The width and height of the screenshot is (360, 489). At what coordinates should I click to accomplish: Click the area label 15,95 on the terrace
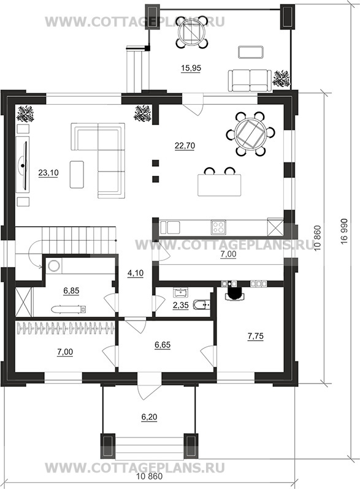point(191,68)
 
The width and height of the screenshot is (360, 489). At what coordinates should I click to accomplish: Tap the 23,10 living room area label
point(48,173)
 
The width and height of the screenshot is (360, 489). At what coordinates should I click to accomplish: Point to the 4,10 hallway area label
point(136,273)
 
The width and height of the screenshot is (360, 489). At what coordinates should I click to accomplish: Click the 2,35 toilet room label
point(180,305)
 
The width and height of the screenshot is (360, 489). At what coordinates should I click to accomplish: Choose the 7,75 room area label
point(255,336)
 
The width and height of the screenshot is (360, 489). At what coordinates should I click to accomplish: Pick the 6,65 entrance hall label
point(163,345)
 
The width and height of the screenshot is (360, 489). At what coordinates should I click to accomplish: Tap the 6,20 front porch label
point(149,417)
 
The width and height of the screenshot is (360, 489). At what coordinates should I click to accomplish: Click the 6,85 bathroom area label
point(71,291)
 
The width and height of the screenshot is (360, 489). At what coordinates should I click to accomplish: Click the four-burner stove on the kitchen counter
point(218,227)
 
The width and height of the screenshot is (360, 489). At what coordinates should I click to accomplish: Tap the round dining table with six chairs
point(250,134)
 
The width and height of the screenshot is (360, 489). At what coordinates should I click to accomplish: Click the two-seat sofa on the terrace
point(250,81)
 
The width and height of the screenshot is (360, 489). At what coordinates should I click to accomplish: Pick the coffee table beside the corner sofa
point(77,174)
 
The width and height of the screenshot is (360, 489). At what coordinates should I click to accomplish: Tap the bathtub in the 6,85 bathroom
point(69,309)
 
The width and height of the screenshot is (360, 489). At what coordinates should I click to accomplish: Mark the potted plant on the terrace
point(282,78)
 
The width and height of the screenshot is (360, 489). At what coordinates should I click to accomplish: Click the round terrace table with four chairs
point(191,31)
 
